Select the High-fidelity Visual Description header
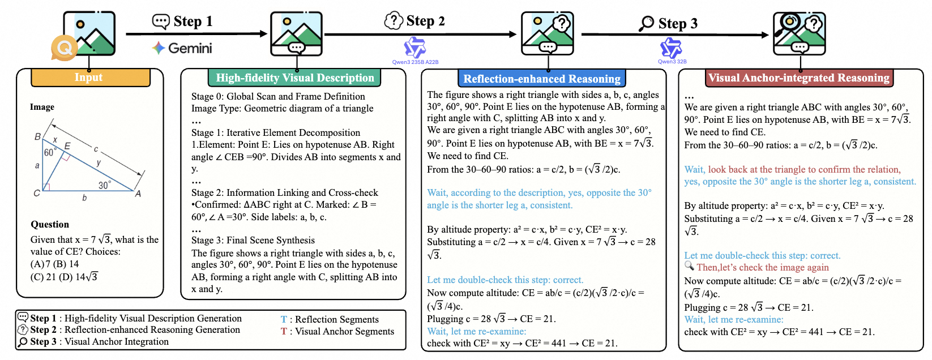(294, 78)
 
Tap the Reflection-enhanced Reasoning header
(541, 79)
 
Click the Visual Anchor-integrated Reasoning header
(798, 78)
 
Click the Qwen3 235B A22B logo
(415, 49)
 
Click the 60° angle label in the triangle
(49, 153)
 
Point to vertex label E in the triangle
(67, 146)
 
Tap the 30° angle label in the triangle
(105, 185)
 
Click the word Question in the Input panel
(50, 224)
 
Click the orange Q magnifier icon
(64, 48)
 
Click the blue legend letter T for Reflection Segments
(284, 319)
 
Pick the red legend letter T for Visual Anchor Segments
(284, 331)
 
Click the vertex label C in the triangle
(37, 193)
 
